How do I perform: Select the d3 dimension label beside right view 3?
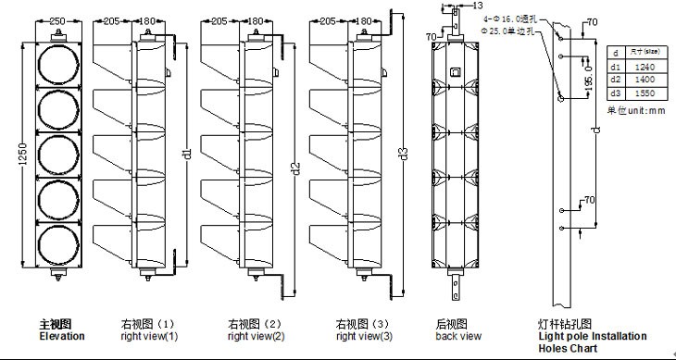[402, 153]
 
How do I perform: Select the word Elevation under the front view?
[61, 336]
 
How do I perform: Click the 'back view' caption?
[457, 336]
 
